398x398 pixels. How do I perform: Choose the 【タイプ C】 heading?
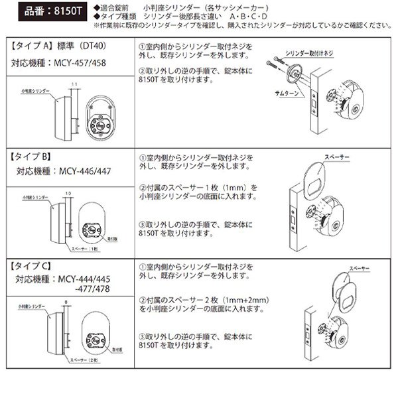pyautogui.click(x=31, y=266)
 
